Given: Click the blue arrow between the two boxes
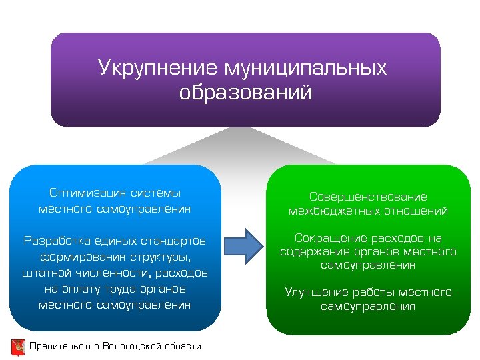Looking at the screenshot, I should tap(243, 246).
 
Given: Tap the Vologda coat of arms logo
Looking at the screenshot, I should tap(18, 346).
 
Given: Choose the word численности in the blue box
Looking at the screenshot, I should tap(115, 273).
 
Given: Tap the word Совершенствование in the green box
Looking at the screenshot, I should tap(368, 197).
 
